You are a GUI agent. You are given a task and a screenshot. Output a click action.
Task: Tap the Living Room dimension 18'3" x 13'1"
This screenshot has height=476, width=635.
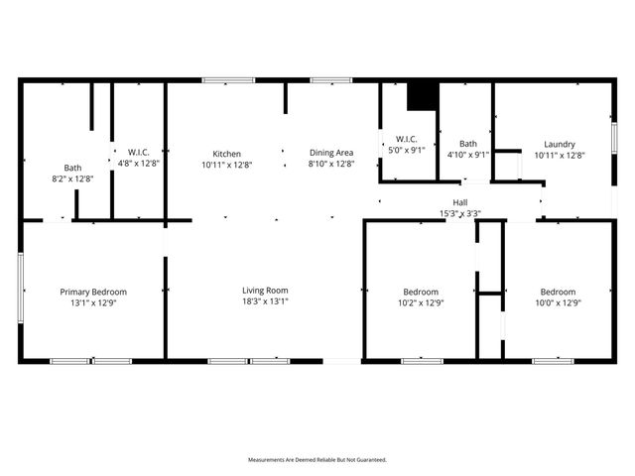click(265, 302)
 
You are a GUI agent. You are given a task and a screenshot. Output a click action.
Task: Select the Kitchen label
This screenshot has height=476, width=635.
click(226, 154)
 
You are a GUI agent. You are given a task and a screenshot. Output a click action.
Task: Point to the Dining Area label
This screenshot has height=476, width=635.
click(330, 154)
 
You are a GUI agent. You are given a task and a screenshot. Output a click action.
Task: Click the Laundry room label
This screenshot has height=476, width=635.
click(560, 144)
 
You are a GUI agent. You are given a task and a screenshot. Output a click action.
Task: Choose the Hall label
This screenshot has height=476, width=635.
click(459, 202)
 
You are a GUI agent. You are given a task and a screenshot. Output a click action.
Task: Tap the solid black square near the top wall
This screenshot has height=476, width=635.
click(423, 95)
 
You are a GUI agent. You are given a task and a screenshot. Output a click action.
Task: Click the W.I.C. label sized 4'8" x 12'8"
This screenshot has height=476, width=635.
click(138, 153)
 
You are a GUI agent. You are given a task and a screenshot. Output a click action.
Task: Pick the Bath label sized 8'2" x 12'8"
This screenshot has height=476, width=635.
click(73, 168)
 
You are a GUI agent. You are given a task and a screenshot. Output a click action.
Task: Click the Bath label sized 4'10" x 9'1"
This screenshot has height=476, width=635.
click(467, 144)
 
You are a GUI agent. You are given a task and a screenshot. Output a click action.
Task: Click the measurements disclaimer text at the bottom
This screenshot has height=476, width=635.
click(317, 460)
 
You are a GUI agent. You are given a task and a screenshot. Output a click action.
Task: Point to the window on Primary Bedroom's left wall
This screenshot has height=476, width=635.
click(19, 289)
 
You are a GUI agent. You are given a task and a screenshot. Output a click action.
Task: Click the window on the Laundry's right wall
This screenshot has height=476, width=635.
click(614, 137)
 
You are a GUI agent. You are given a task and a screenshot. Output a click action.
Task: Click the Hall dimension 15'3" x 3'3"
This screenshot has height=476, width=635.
click(459, 213)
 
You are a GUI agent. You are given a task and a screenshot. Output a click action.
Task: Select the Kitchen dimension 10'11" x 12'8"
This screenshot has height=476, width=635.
click(226, 165)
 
